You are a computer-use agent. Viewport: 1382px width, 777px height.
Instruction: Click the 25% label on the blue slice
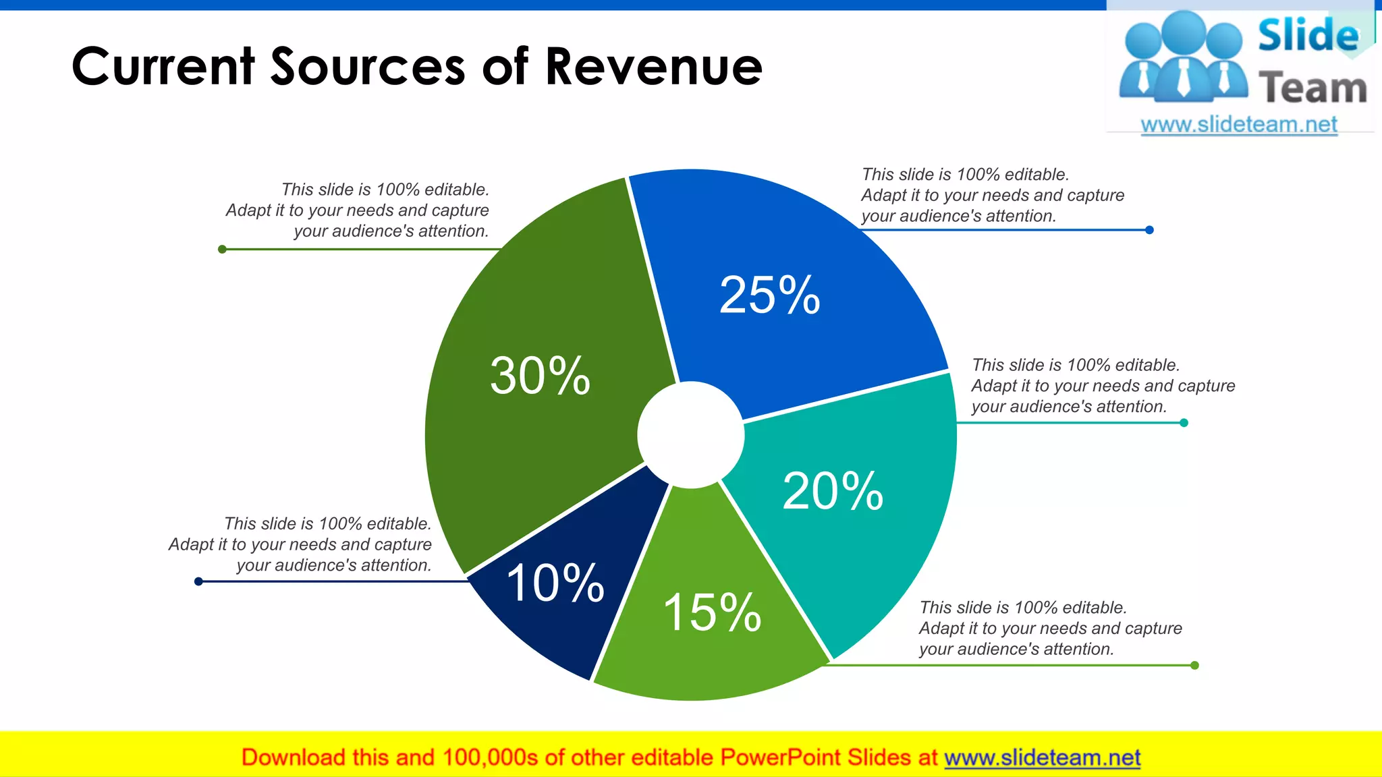[769, 295]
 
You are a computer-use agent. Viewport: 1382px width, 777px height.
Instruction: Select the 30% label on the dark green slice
[540, 376]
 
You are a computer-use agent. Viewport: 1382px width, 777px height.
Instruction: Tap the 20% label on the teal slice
[833, 491]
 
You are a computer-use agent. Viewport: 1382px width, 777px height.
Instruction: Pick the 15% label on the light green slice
[712, 612]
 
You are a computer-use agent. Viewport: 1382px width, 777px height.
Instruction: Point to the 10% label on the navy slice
[555, 583]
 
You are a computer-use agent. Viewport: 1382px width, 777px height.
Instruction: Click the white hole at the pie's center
[690, 435]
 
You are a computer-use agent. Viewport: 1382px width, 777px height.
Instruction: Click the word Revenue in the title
[653, 67]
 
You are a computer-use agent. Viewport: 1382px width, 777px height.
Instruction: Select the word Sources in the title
[368, 67]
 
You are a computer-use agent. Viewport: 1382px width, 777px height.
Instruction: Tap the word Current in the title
[163, 67]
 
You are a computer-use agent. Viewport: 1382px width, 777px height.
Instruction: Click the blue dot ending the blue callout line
[1149, 230]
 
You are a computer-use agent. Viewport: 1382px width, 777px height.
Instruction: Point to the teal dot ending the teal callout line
[1184, 423]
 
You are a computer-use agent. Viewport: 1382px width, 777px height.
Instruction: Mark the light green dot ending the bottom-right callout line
[1194, 665]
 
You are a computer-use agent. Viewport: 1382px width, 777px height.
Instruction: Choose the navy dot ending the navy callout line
[198, 581]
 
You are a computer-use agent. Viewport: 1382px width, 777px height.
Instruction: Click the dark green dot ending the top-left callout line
[222, 250]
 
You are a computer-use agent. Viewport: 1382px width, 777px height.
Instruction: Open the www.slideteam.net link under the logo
[1238, 125]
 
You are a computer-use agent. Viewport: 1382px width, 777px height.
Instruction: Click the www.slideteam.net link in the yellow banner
[1042, 757]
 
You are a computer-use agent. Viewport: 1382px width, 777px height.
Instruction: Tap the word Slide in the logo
[1308, 35]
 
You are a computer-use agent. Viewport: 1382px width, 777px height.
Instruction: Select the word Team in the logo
[1312, 88]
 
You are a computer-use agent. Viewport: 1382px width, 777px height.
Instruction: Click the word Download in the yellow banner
[293, 757]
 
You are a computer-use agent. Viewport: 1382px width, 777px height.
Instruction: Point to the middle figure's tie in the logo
[1184, 78]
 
